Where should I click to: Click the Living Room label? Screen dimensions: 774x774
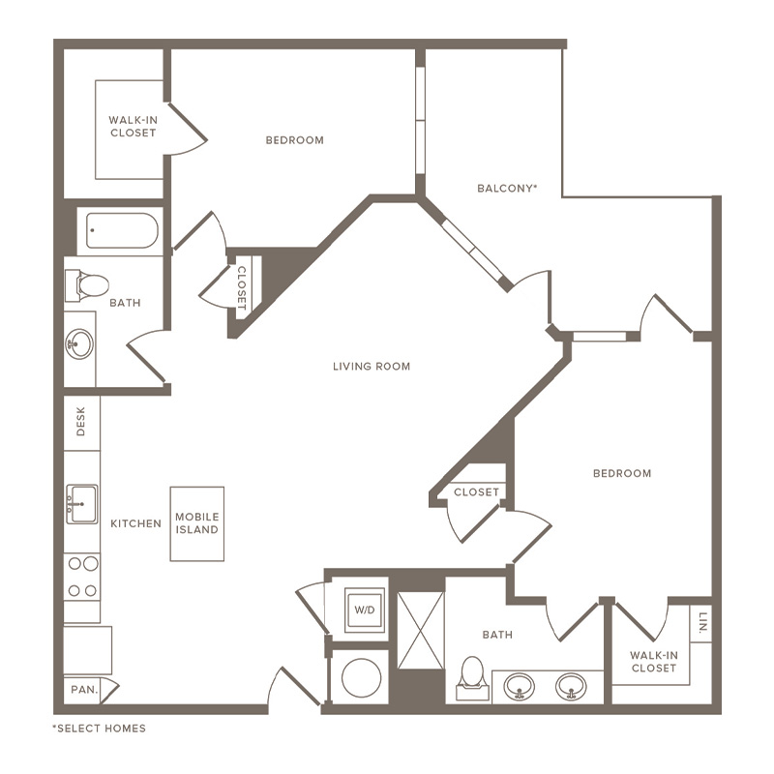pos(372,367)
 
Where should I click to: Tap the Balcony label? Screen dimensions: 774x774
pos(507,188)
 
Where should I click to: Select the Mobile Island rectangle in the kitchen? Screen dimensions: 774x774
pos(197,523)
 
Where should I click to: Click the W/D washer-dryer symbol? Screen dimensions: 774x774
pos(365,610)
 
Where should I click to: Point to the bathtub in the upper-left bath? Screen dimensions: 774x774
pos(122,230)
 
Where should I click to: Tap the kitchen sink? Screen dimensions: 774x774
pos(82,503)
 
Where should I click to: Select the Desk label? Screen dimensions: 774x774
pos(81,422)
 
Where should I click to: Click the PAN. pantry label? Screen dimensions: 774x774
pos(84,690)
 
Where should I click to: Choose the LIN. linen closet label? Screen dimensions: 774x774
pos(703,622)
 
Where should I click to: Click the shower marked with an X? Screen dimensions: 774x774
pos(421,631)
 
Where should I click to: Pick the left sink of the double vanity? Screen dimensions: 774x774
pos(519,687)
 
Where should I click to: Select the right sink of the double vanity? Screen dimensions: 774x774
pos(571,687)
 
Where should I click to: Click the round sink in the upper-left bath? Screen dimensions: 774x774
pos(79,344)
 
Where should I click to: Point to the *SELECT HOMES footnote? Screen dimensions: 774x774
pos(100,729)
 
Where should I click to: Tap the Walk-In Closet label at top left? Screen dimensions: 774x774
pos(133,127)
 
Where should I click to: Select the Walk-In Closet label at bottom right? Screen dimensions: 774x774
pos(654,662)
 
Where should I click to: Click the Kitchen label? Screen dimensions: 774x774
pos(135,523)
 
